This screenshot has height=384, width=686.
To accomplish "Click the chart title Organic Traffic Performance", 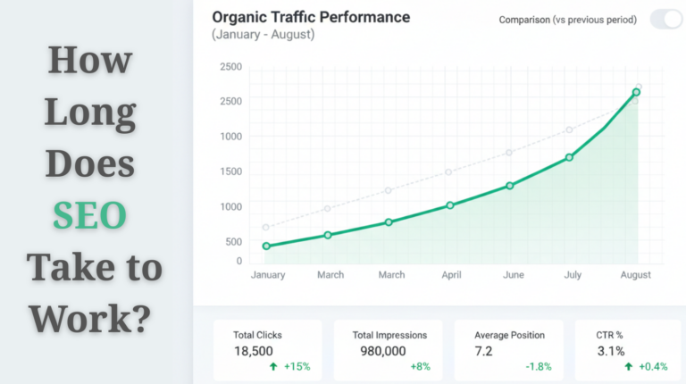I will click(x=311, y=17).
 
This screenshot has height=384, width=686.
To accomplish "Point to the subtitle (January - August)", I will click(x=263, y=35).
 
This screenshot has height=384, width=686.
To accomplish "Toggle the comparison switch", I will click(x=665, y=19).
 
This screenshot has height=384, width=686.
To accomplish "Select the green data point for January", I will click(x=266, y=246).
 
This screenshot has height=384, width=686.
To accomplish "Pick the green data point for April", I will click(x=450, y=205).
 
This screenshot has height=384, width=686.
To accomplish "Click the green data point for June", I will click(x=510, y=186).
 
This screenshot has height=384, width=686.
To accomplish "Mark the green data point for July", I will click(x=570, y=157).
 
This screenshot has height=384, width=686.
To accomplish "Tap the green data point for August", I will click(x=636, y=92).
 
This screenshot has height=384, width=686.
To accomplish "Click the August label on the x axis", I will click(x=636, y=275).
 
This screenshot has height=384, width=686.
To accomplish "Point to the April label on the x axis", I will click(x=451, y=275).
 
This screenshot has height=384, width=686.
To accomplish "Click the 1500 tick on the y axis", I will click(x=231, y=171).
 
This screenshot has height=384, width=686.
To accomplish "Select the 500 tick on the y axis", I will click(x=233, y=242).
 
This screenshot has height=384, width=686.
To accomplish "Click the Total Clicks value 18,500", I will click(x=254, y=351).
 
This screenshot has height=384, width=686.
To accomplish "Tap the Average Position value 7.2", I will click(x=483, y=351).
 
